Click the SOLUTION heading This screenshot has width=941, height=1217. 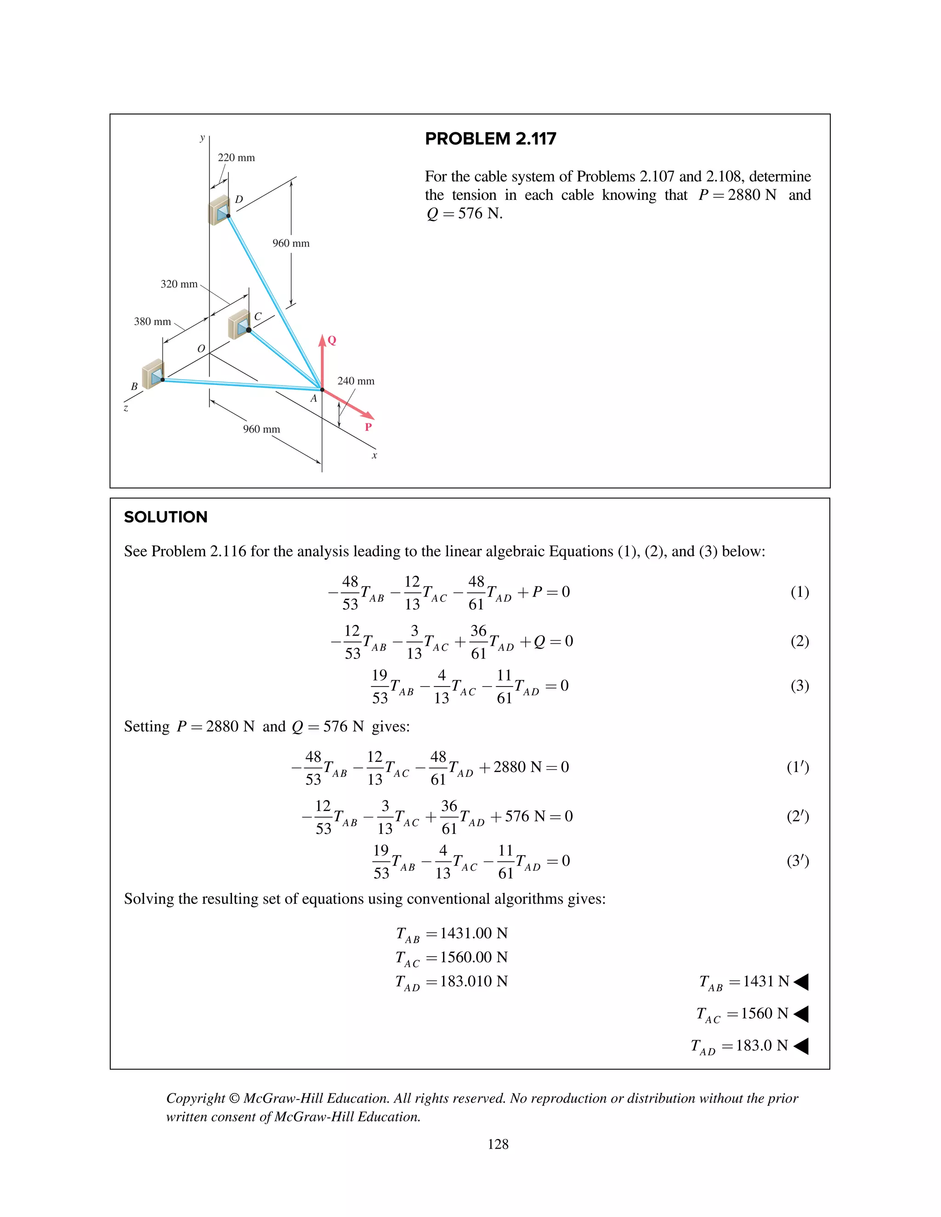pyautogui.click(x=165, y=517)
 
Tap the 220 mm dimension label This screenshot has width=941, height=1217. pyautogui.click(x=236, y=158)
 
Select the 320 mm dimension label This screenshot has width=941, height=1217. pyautogui.click(x=179, y=284)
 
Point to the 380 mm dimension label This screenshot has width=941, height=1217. pyautogui.click(x=152, y=321)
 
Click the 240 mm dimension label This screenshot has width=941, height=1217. pyautogui.click(x=356, y=381)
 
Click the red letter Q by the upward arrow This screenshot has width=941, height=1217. pyautogui.click(x=332, y=340)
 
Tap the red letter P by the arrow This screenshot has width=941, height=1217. pyautogui.click(x=368, y=428)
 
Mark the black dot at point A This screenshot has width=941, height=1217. pyautogui.click(x=322, y=389)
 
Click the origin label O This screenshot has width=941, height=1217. pyautogui.click(x=201, y=349)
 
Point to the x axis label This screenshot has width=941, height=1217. pyautogui.click(x=374, y=455)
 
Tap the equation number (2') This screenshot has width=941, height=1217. pyautogui.click(x=797, y=817)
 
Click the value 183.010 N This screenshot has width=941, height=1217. pyautogui.click(x=474, y=981)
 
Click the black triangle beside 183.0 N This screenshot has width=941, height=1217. pyautogui.click(x=801, y=1046)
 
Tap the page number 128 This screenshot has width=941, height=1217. pyautogui.click(x=498, y=1144)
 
